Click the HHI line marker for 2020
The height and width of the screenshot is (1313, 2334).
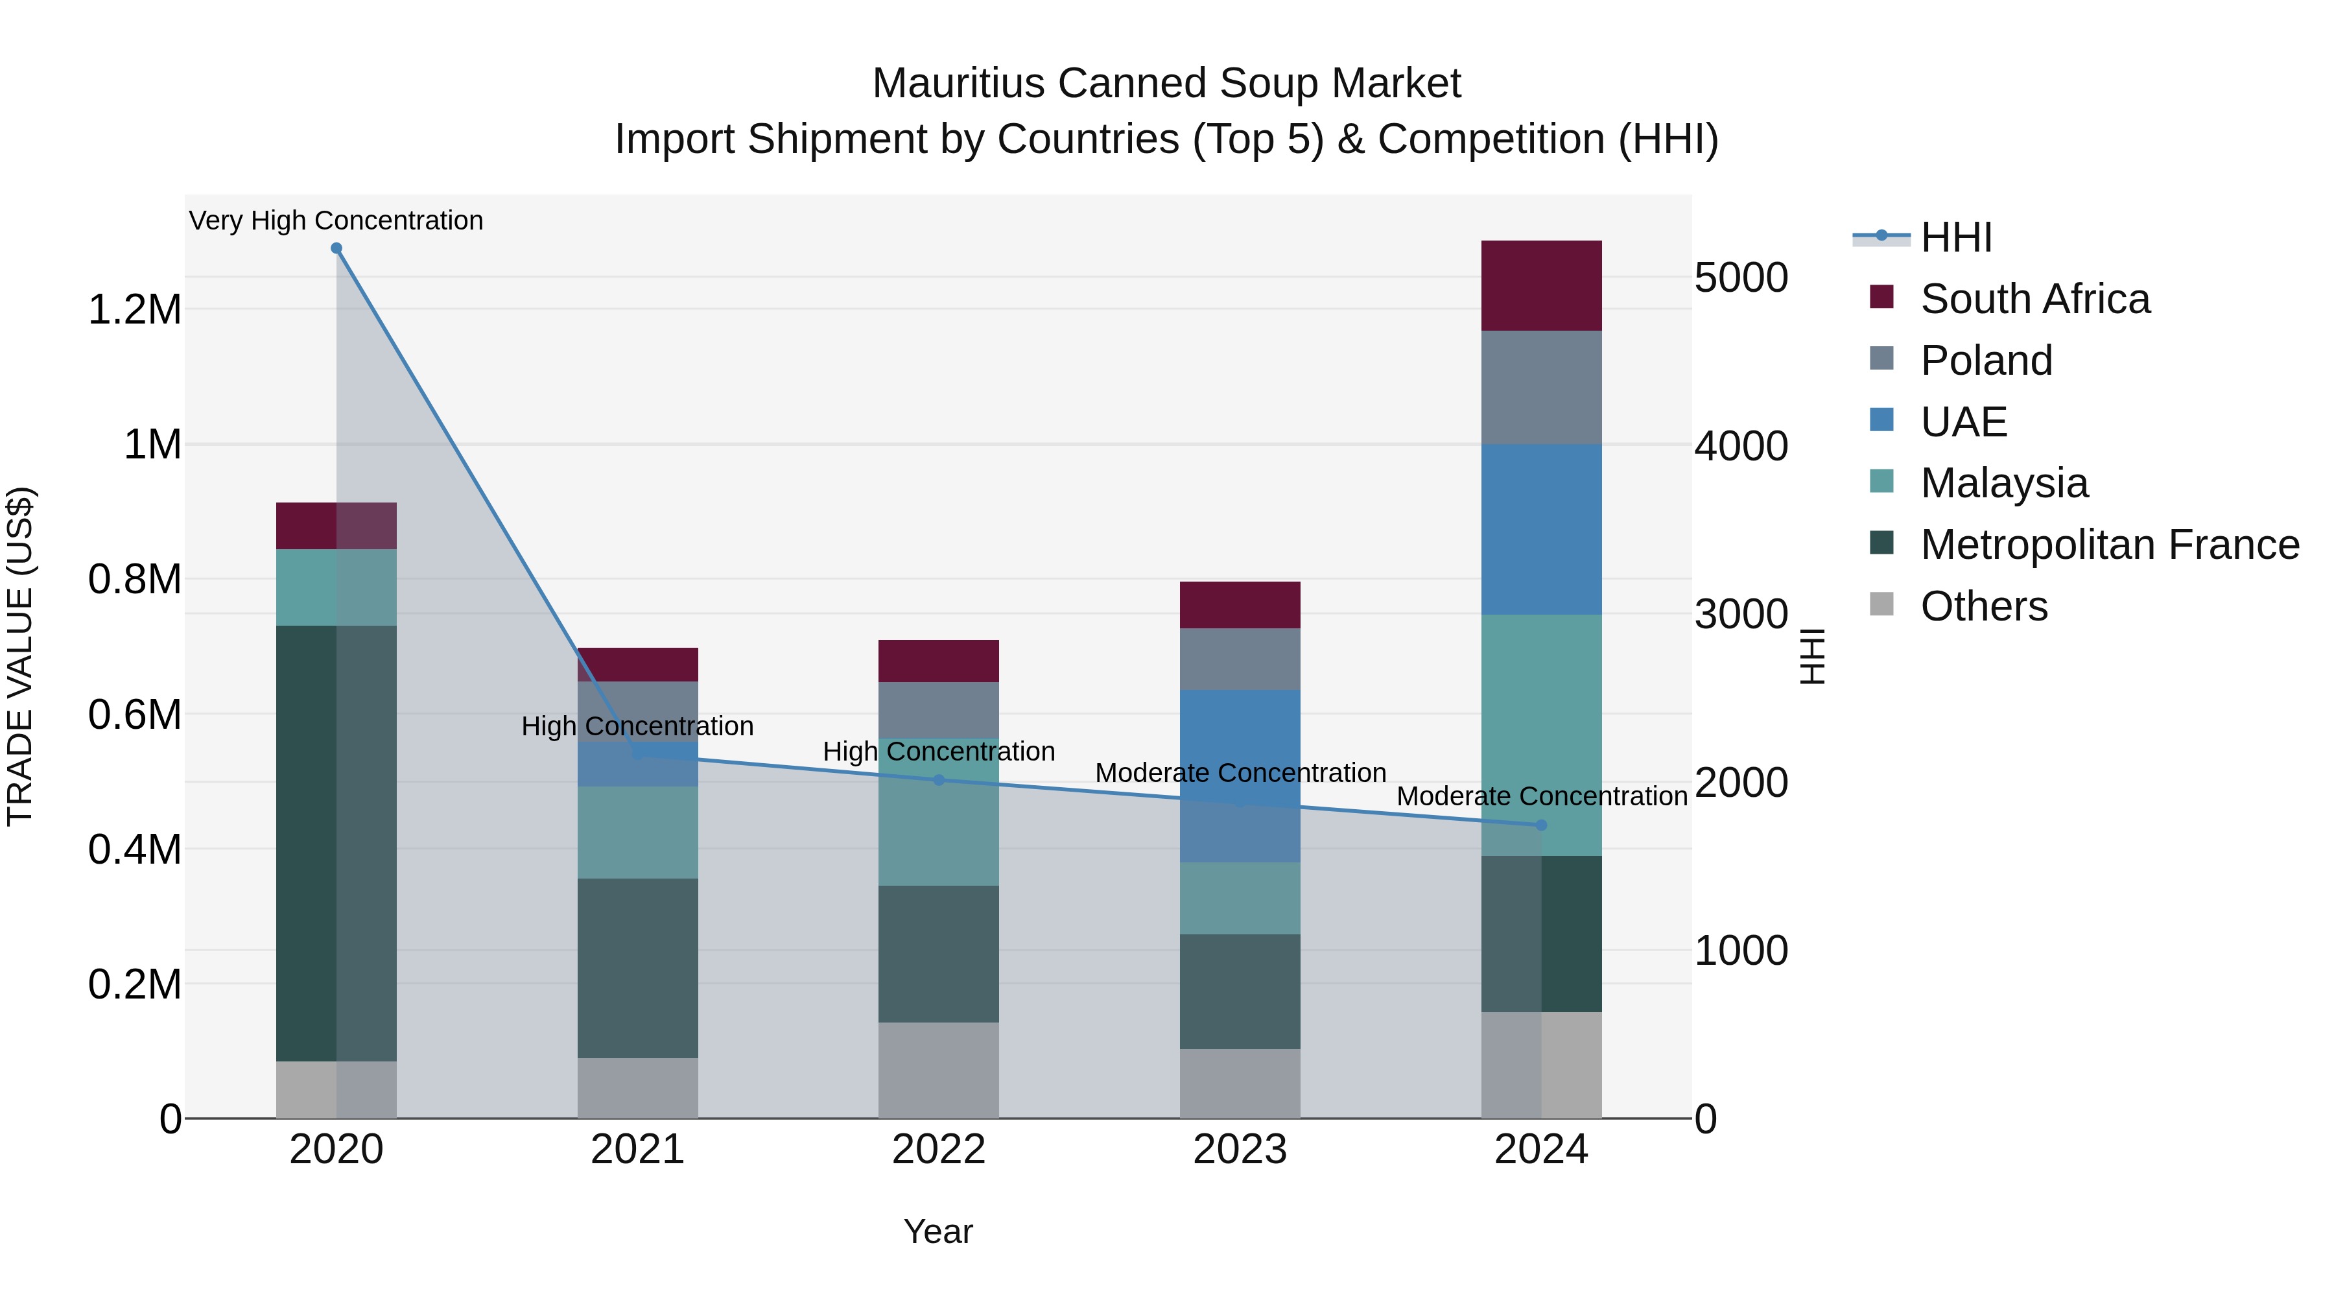336,248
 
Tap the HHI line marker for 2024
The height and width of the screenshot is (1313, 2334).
1541,825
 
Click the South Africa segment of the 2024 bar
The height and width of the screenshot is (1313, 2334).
1541,285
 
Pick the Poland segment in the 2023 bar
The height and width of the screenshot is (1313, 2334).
1240,659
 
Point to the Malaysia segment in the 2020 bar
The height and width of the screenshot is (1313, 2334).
336,587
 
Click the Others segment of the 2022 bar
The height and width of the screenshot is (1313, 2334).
939,1070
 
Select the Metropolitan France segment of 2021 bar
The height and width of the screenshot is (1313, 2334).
638,968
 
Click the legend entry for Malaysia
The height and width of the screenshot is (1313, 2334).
2003,483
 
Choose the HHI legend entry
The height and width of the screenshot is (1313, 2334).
1955,237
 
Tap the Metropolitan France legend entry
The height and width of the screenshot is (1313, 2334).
2108,545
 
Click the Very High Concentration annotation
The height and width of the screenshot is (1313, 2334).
336,220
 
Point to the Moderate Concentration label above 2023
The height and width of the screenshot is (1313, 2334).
1240,773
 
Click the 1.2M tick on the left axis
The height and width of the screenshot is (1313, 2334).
135,310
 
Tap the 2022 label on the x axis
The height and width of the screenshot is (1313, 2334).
939,1150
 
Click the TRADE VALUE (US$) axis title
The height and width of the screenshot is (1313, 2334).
20,656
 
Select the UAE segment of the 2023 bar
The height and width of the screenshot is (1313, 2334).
1240,775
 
